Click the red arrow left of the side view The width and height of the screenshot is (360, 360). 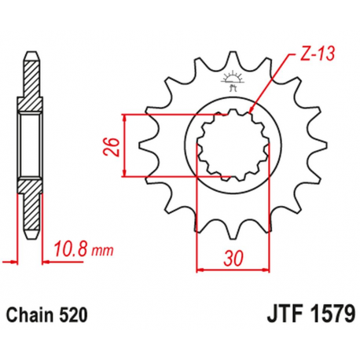tap(9, 257)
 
